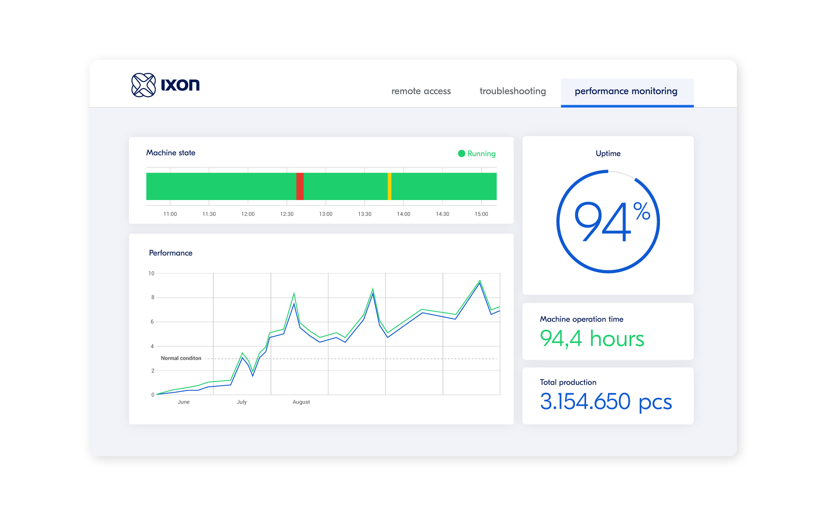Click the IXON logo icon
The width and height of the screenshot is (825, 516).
143,85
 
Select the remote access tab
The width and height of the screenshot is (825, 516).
421,91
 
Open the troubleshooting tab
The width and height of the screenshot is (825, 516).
513,91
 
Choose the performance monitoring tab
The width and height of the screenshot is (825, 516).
626,91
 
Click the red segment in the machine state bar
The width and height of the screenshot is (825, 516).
300,186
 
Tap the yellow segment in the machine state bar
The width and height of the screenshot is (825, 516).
389,186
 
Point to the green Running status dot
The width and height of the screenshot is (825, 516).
461,154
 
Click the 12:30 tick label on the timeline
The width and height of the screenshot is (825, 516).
287,214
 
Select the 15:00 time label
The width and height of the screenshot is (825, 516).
481,214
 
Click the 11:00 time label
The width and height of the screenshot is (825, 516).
170,214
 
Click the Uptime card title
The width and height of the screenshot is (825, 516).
608,153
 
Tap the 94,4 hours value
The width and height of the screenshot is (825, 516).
592,339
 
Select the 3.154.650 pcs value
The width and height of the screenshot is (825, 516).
605,402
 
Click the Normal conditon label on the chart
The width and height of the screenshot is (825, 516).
181,358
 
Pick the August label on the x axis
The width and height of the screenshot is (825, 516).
301,402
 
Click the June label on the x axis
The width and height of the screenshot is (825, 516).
183,402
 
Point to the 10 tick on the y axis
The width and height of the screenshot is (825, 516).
151,273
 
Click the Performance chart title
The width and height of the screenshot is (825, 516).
171,253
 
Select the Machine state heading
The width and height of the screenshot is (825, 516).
171,153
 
